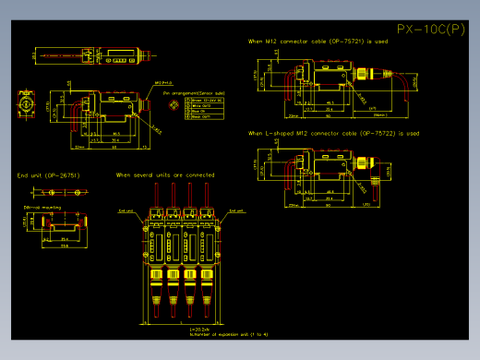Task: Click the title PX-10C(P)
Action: tap(430, 30)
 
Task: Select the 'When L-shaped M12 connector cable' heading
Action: tap(333, 133)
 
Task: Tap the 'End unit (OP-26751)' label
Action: tap(48, 174)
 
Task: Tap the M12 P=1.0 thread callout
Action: tap(163, 82)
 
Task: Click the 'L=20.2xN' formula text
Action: tap(199, 329)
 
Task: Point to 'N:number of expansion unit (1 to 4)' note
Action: tap(227, 334)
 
